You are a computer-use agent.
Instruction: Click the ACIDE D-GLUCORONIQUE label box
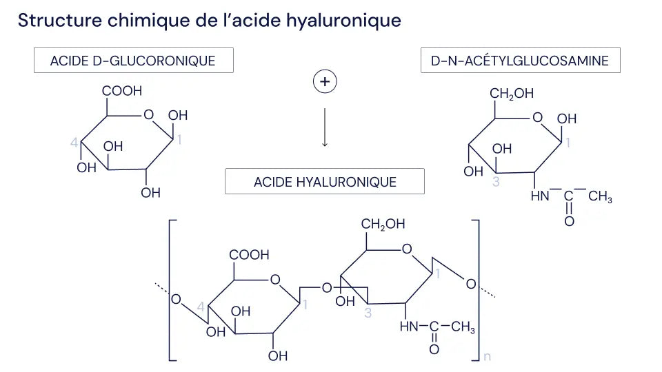click(x=133, y=61)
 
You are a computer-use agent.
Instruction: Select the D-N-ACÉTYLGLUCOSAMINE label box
click(x=520, y=61)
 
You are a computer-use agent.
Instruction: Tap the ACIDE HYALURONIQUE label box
click(x=325, y=182)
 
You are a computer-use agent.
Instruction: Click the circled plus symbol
click(x=325, y=82)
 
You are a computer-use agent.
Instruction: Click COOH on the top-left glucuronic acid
click(x=121, y=91)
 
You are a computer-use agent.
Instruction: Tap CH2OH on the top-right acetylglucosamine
click(x=511, y=94)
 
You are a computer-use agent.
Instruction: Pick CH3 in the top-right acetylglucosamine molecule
click(x=600, y=198)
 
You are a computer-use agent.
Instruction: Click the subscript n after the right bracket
click(x=488, y=356)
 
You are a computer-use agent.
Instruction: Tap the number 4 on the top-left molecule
click(x=74, y=143)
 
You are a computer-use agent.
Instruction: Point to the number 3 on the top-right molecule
click(x=496, y=182)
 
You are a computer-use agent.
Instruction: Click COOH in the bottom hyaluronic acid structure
click(x=249, y=255)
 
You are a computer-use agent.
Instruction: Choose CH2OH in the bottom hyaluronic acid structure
click(x=383, y=225)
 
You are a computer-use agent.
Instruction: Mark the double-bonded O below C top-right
click(x=569, y=221)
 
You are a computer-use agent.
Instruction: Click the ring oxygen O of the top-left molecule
click(x=148, y=114)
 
